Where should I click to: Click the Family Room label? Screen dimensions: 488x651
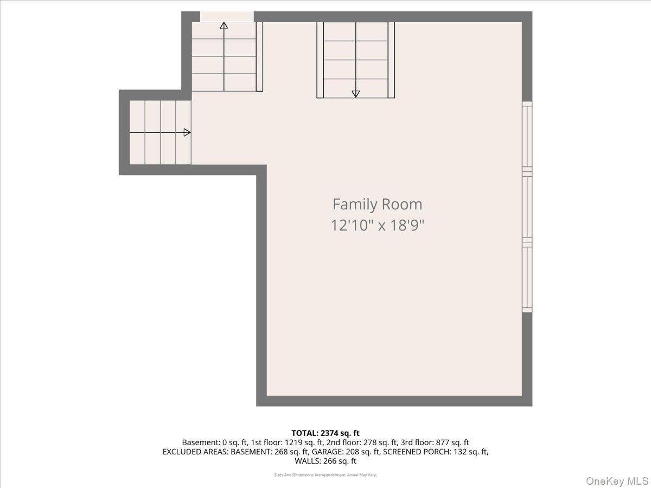point(377,204)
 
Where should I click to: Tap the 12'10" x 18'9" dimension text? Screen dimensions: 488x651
point(377,225)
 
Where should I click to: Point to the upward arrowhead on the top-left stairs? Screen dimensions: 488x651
point(224,25)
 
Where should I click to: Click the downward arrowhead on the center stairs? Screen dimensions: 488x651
point(355,94)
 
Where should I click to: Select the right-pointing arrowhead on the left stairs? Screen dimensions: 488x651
point(187,132)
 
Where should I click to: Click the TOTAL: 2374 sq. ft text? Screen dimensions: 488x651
point(325,433)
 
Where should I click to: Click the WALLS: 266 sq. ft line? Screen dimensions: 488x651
point(325,461)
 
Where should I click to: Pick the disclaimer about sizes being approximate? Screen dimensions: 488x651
point(325,475)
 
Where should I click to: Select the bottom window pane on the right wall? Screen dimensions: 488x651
point(527,278)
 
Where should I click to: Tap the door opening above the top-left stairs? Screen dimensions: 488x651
point(227,17)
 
